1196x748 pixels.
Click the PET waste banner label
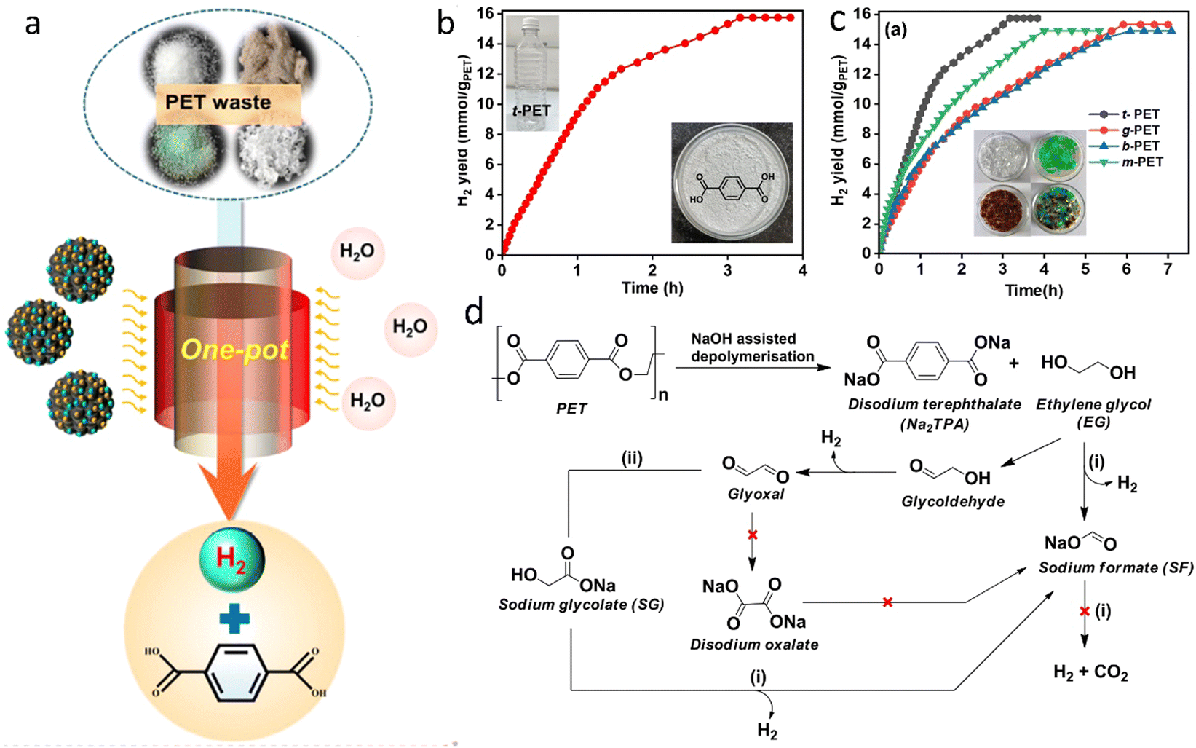[x=218, y=102]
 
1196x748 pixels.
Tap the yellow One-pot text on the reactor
[x=235, y=350]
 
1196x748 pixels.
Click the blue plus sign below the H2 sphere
[x=234, y=620]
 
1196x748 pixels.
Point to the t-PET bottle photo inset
[x=532, y=73]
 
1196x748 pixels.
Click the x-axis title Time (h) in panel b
[x=652, y=288]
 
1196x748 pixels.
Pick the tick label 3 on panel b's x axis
[x=728, y=270]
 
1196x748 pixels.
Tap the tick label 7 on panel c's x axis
[x=1168, y=269]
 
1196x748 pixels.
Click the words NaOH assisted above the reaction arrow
[x=743, y=339]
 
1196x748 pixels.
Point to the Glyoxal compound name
[x=756, y=494]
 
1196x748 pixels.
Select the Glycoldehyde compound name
[x=953, y=501]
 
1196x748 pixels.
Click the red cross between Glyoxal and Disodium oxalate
[x=752, y=535]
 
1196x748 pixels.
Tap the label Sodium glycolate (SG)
[x=581, y=605]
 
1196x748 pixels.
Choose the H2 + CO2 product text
[x=1091, y=672]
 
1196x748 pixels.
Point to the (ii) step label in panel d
[x=631, y=458]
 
